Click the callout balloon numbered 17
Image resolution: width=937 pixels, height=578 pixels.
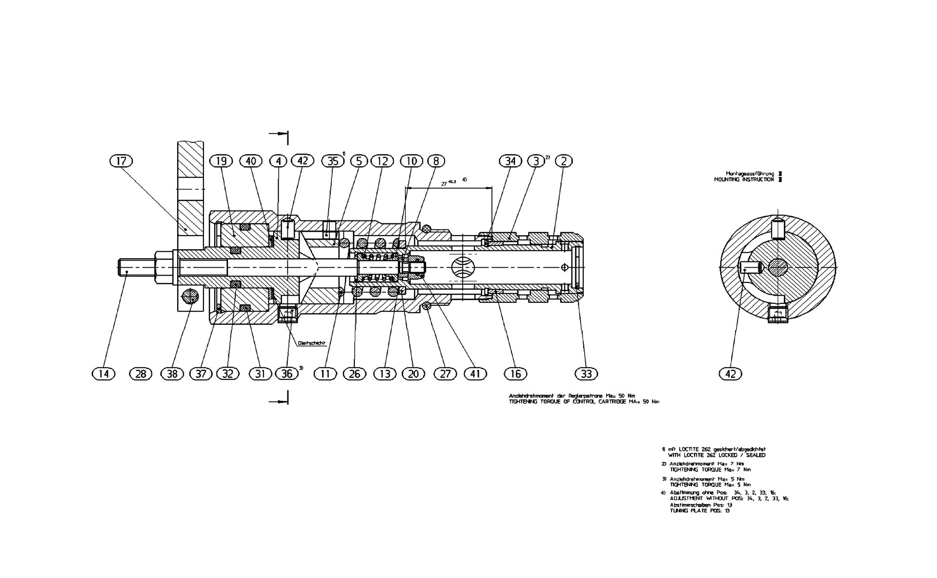pyautogui.click(x=122, y=160)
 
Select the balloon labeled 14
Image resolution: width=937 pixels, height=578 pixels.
pyautogui.click(x=103, y=374)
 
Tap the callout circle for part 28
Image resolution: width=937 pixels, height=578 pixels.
pyautogui.click(x=141, y=374)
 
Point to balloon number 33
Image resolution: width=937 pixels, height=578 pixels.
pyautogui.click(x=586, y=374)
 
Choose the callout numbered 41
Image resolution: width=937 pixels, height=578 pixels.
pyautogui.click(x=475, y=374)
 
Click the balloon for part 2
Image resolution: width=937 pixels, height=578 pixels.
pyautogui.click(x=564, y=160)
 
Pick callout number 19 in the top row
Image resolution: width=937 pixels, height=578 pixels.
pyautogui.click(x=222, y=160)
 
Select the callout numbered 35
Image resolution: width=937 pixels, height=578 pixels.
pyautogui.click(x=333, y=160)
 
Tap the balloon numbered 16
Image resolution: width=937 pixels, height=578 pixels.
pyautogui.click(x=515, y=374)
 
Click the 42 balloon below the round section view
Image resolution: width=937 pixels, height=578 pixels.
pyautogui.click(x=731, y=374)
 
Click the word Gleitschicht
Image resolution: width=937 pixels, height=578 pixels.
pyautogui.click(x=311, y=343)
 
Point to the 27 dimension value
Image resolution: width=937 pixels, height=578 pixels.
pyautogui.click(x=445, y=183)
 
